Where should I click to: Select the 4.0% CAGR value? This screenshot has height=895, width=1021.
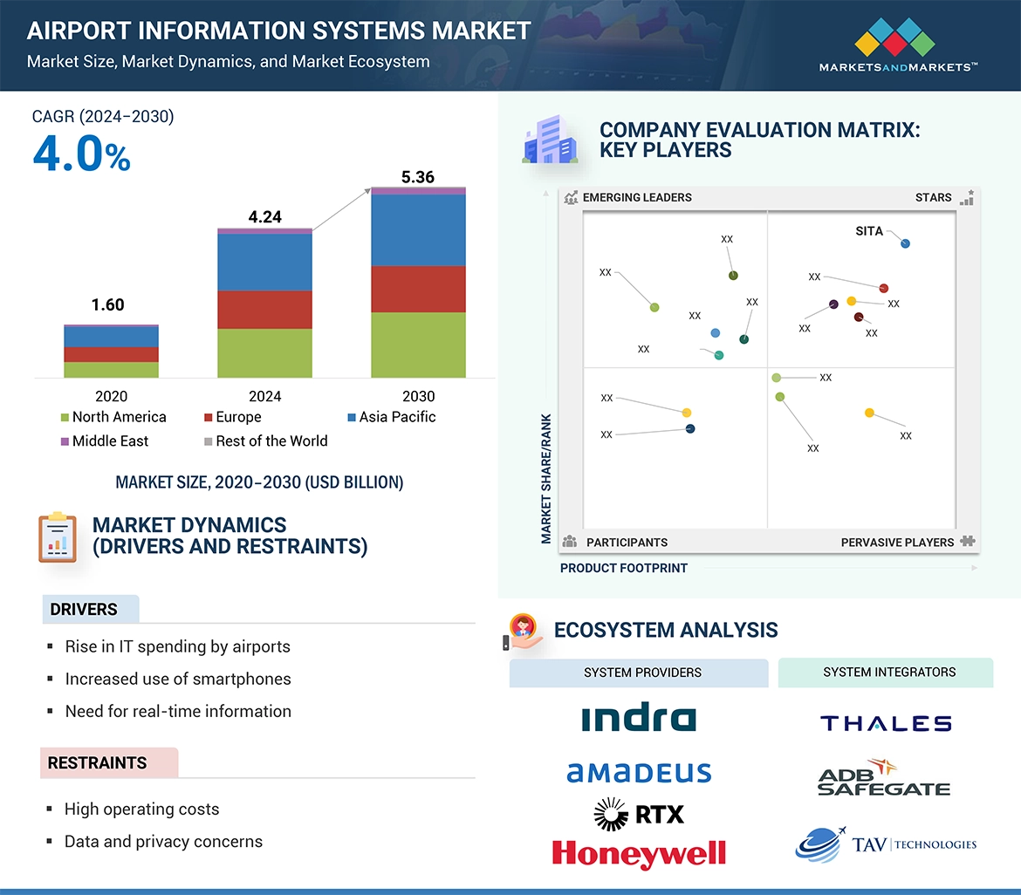81,154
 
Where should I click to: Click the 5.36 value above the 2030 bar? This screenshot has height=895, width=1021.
417,177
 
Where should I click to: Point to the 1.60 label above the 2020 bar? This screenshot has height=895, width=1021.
108,304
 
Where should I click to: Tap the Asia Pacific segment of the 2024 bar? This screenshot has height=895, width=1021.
264,263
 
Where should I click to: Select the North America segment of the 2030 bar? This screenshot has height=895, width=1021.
417,345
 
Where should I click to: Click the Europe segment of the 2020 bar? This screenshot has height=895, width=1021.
111,354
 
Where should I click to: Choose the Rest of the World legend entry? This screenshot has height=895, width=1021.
265,441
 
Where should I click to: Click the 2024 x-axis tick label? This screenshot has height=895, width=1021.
264,396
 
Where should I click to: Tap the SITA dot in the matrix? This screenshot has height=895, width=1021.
905,243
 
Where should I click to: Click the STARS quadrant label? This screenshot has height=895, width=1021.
933,197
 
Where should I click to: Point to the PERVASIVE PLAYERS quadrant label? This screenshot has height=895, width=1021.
897,543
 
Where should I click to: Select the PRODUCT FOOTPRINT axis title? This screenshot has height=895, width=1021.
624,568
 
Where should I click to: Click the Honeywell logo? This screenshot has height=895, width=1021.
639,852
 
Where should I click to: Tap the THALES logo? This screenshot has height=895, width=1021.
886,723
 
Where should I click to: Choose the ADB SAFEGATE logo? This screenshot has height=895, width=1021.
883,778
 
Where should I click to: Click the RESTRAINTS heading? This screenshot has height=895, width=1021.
97,763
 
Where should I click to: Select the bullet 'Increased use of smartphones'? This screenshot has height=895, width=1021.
178,679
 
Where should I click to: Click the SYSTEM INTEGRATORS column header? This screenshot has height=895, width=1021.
889,672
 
